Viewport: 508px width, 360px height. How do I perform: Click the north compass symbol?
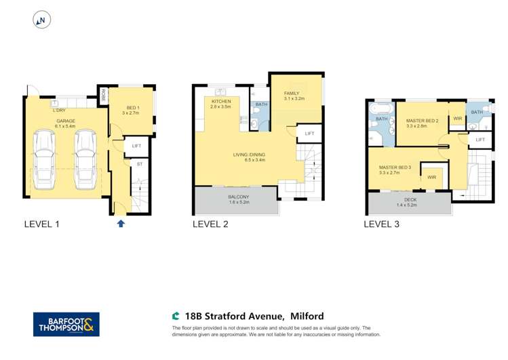(x=41, y=21)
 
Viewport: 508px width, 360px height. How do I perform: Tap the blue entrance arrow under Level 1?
(x=121, y=223)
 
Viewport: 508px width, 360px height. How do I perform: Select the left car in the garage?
(x=44, y=160)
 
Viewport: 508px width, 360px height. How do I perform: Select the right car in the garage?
(x=85, y=160)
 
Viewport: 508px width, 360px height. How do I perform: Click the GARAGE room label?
(x=65, y=121)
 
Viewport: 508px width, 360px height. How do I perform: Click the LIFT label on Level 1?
(x=136, y=146)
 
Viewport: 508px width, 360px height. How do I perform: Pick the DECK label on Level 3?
(x=409, y=200)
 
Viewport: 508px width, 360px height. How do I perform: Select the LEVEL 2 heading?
(x=210, y=224)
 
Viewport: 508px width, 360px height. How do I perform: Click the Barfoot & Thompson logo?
(x=66, y=324)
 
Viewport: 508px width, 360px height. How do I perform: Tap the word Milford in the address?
(x=307, y=316)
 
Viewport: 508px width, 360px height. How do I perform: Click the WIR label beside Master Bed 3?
(x=431, y=178)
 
